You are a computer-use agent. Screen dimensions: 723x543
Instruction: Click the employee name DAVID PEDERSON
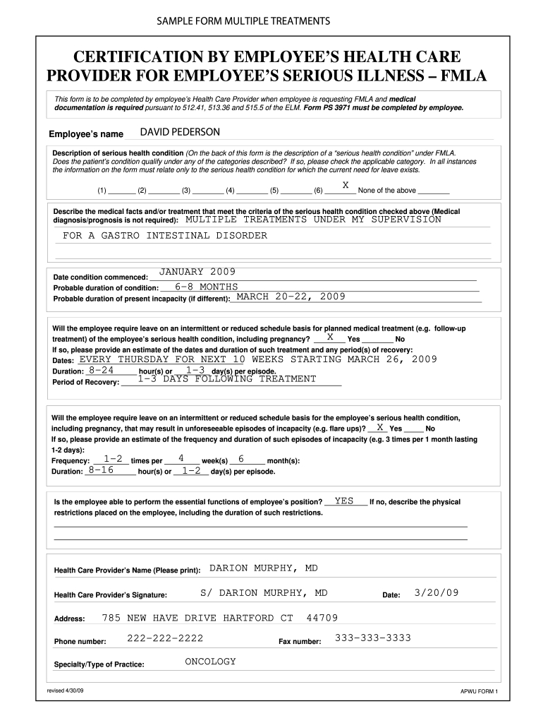point(180,133)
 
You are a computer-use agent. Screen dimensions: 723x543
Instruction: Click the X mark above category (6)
point(346,185)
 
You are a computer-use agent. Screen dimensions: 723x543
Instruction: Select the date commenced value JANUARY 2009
point(197,272)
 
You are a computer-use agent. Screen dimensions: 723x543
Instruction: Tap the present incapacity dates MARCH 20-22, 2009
point(291,297)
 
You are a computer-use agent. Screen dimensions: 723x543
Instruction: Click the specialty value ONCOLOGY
point(210,662)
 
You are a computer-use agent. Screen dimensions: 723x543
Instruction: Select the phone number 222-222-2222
point(165,638)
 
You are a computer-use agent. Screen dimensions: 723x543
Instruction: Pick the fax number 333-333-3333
point(372,638)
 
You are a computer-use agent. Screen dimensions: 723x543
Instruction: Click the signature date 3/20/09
point(437,592)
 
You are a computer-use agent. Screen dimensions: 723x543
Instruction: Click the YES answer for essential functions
point(344,501)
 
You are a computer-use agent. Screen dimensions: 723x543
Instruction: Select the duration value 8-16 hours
point(102,470)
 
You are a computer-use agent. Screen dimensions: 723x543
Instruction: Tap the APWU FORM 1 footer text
point(478,692)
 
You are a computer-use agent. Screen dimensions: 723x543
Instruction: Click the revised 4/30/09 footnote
point(65,688)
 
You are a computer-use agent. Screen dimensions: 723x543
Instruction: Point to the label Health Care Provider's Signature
point(111,594)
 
